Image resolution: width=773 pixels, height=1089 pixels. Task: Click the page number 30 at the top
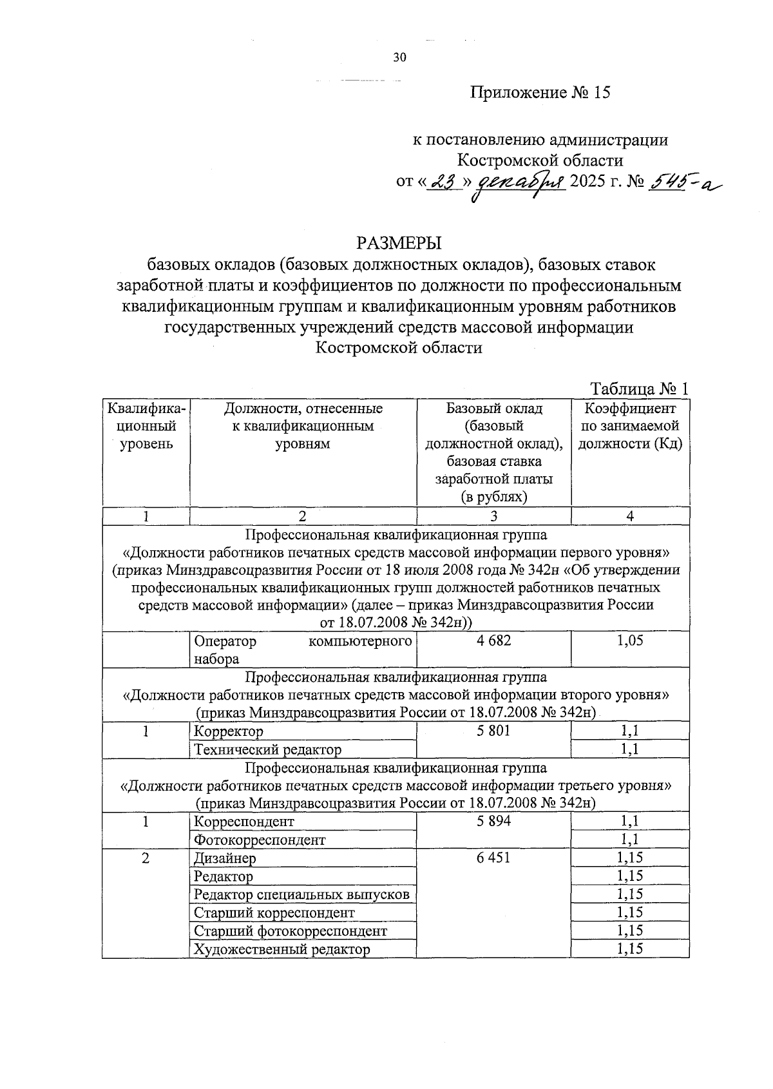tap(400, 58)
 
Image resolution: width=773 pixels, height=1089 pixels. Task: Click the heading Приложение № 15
tap(540, 93)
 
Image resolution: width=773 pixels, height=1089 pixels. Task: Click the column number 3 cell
tap(494, 516)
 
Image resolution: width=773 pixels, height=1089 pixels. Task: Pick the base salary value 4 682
tap(494, 641)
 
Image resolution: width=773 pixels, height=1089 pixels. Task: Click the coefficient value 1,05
tap(630, 641)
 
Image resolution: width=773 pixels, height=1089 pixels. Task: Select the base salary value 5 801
tap(494, 731)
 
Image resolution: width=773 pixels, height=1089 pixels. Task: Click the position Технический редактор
tap(267, 750)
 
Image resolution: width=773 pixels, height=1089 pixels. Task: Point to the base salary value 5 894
tap(494, 822)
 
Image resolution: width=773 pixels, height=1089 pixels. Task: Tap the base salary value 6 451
tap(494, 858)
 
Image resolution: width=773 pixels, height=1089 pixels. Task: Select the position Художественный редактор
tap(282, 949)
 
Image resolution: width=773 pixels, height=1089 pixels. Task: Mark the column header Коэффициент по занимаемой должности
tap(630, 427)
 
